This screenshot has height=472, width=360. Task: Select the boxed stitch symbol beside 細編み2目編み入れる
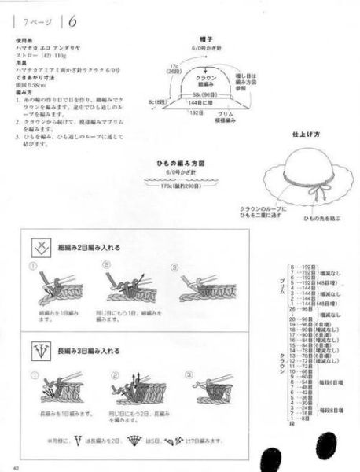37,248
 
